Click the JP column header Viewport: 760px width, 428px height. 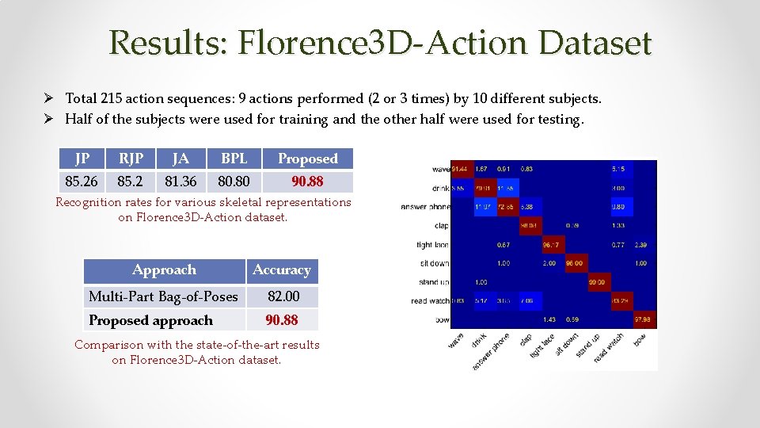(x=82, y=159)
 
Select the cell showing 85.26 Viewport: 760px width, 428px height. (x=82, y=182)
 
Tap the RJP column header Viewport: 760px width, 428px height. (x=131, y=159)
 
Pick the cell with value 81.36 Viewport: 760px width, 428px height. (x=180, y=182)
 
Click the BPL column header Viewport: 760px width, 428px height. (x=234, y=159)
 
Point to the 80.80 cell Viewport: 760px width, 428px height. (x=234, y=182)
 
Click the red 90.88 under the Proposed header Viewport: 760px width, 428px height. (x=307, y=182)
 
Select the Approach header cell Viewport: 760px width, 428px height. (x=164, y=270)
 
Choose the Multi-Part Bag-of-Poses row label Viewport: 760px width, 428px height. (x=163, y=296)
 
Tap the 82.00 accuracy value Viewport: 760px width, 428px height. (x=283, y=296)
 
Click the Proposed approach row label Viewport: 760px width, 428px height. (x=150, y=320)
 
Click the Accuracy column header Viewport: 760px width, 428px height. (x=282, y=270)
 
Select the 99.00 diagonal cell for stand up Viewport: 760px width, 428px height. (x=597, y=282)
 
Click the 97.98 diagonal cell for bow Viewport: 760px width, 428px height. (x=642, y=319)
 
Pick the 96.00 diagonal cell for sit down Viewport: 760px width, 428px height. (x=574, y=263)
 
